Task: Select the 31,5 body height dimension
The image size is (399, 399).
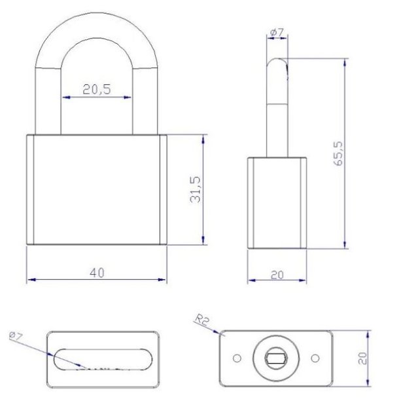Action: pyautogui.click(x=196, y=190)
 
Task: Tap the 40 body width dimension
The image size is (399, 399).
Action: pyautogui.click(x=96, y=271)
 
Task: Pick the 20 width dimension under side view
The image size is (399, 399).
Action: pyautogui.click(x=276, y=275)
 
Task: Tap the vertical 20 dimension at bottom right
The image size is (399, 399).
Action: pyautogui.click(x=364, y=357)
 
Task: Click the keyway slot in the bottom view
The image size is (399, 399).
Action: pyautogui.click(x=276, y=357)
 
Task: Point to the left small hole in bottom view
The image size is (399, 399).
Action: pyautogui.click(x=237, y=358)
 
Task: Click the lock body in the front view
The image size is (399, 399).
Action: pyautogui.click(x=96, y=190)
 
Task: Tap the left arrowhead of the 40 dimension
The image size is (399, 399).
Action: pyautogui.click(x=30, y=280)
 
